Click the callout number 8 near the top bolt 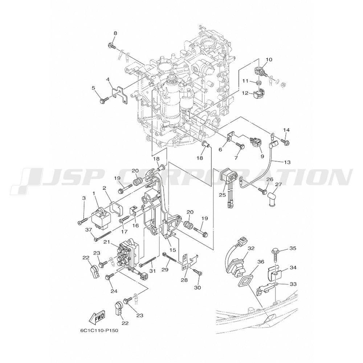[115, 33]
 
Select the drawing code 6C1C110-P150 [98, 330]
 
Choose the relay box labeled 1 [101, 218]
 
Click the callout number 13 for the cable [287, 163]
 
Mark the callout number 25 [222, 195]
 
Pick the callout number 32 [251, 248]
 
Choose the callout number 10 [269, 60]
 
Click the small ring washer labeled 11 [259, 82]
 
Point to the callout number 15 [173, 250]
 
